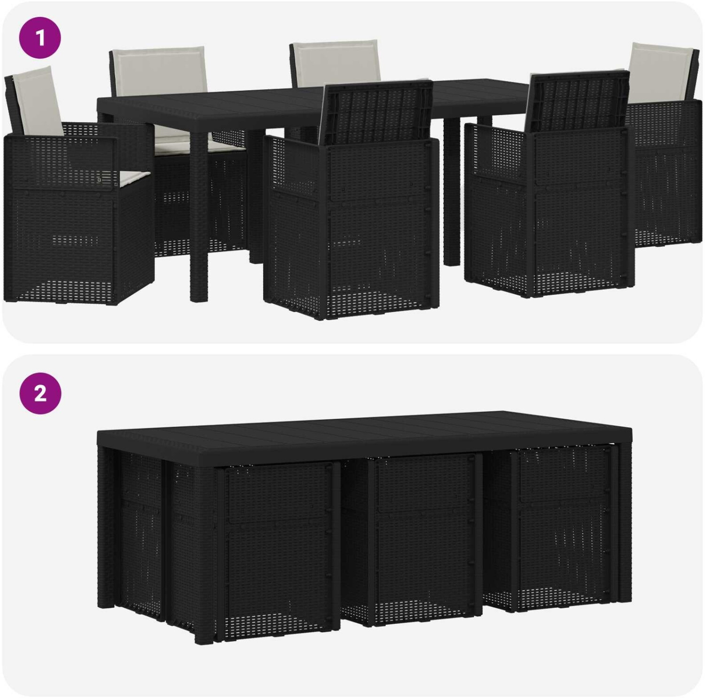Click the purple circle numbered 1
(40, 38)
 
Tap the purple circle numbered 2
(40, 393)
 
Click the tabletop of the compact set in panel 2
(364, 430)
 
